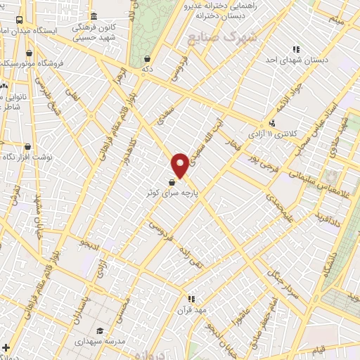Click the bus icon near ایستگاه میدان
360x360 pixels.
pyautogui.click(x=18, y=20)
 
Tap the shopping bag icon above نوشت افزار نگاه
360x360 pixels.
pyautogui.click(x=27, y=147)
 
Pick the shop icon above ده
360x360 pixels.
pyautogui.click(x=146, y=59)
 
